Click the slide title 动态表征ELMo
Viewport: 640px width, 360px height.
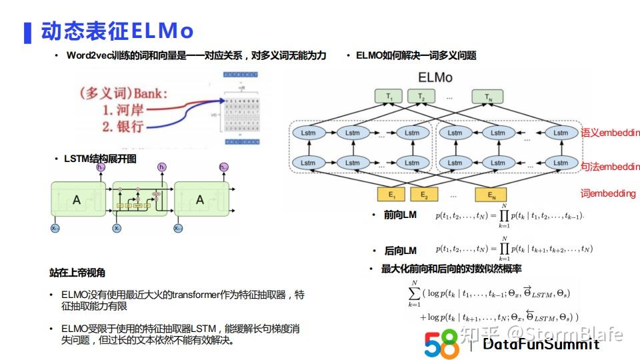point(117,31)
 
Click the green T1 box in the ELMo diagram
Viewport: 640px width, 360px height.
point(389,97)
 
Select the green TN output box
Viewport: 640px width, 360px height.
point(487,97)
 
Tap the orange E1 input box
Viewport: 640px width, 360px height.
point(391,195)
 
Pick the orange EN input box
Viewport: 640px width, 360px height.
point(491,195)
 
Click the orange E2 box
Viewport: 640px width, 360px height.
point(423,195)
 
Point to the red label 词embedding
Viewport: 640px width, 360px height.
point(607,193)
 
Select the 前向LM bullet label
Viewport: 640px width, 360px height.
point(400,215)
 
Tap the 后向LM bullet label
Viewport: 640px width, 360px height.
point(400,251)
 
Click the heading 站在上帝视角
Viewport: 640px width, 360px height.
point(77,273)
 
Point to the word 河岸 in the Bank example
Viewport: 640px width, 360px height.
point(129,109)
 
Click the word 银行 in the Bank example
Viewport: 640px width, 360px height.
point(129,126)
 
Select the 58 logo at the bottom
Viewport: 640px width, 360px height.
point(441,343)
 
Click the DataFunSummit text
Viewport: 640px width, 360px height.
point(541,344)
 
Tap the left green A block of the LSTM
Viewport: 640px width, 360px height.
point(77,199)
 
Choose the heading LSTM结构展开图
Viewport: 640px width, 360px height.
point(100,159)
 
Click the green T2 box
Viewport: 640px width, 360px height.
point(421,97)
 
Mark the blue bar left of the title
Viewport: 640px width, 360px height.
point(27,32)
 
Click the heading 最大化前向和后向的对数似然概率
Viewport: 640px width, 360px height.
point(451,269)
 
